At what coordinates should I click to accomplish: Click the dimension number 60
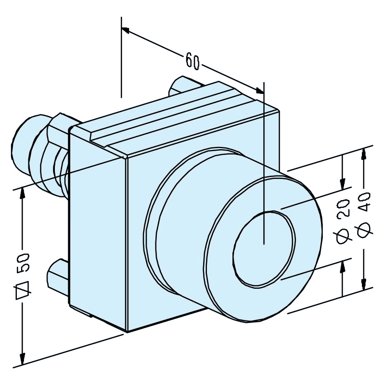click(x=192, y=61)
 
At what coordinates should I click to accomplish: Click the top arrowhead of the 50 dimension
click(x=22, y=192)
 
